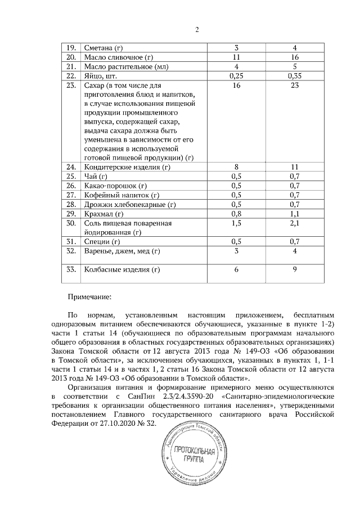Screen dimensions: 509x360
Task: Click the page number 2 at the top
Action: point(197,29)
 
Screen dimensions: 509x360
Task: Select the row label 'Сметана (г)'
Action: point(103,48)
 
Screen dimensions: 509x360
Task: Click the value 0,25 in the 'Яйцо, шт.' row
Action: point(236,76)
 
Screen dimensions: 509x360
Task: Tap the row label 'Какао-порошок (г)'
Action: point(115,186)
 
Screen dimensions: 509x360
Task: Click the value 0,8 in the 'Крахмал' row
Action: point(236,214)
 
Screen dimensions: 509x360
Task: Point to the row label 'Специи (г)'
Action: point(102,242)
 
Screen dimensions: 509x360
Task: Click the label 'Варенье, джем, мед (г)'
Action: point(121,251)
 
